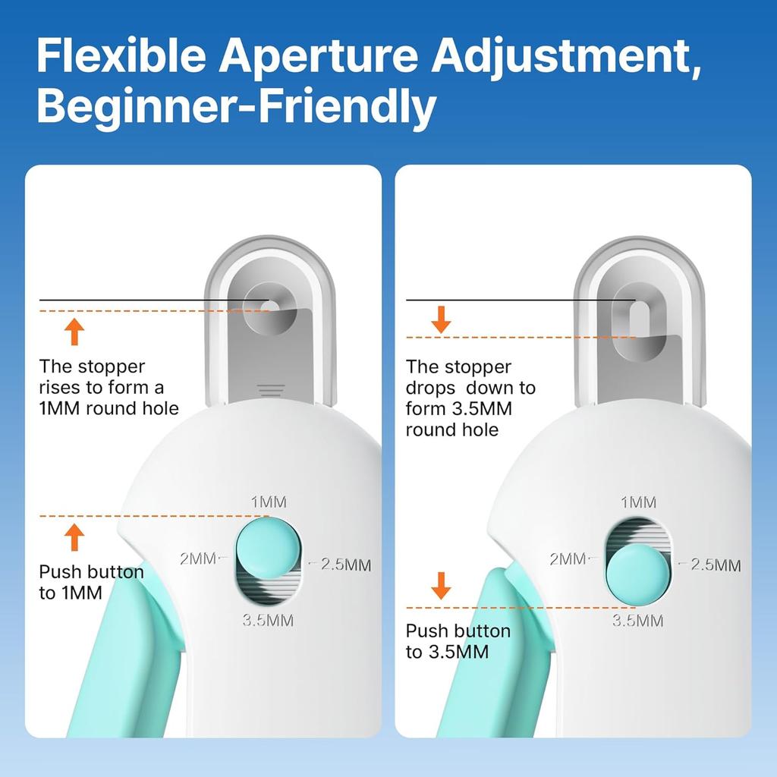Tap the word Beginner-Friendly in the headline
pos(236,107)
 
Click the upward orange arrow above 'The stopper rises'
pos(74,332)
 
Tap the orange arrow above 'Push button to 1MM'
pos(74,536)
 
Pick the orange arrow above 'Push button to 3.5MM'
pos(441,586)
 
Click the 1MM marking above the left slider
pos(269,502)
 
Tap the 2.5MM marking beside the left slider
pos(345,564)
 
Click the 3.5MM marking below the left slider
pos(267,620)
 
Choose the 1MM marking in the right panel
pos(639,502)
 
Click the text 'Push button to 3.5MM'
pos(458,641)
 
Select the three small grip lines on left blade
pos(271,390)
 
